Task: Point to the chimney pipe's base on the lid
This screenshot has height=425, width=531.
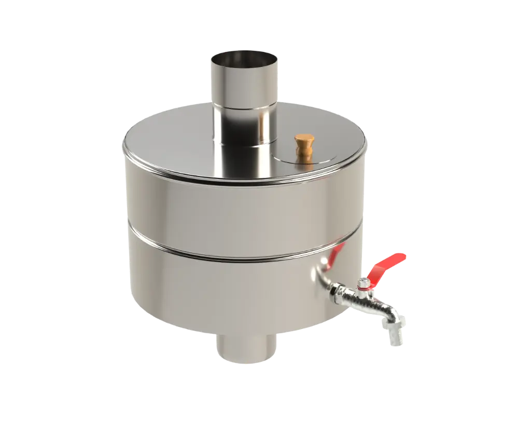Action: tap(243, 143)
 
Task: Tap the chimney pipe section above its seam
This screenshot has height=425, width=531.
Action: tap(243, 83)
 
